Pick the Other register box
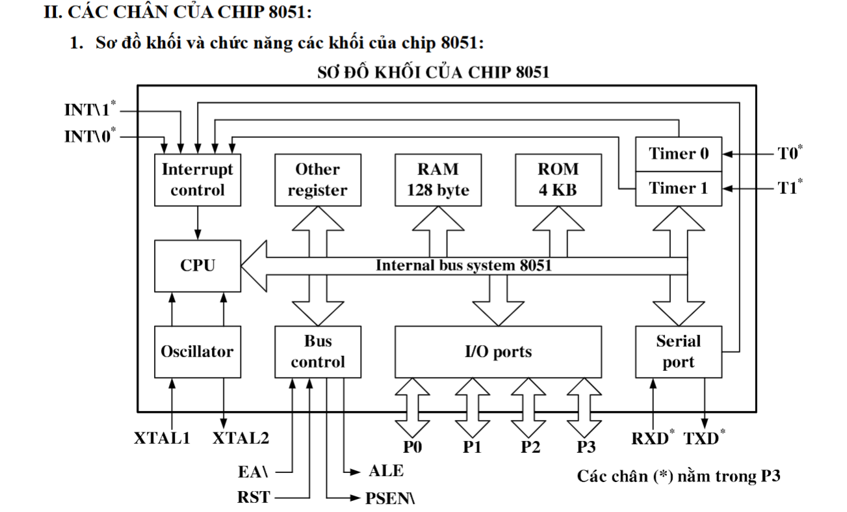pyautogui.click(x=317, y=180)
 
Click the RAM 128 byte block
pyautogui.click(x=437, y=180)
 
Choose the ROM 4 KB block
pyautogui.click(x=558, y=180)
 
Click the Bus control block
pyautogui.click(x=317, y=351)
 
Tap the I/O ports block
pyautogui.click(x=498, y=351)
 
